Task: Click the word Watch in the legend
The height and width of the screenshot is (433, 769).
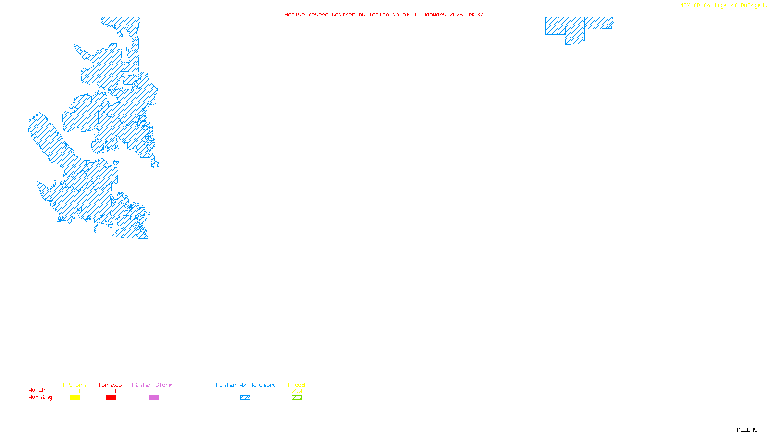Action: coord(37,390)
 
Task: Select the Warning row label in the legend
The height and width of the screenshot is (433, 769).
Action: coord(40,397)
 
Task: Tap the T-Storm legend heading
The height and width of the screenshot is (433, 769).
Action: coord(74,385)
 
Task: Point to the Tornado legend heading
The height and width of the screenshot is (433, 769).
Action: coord(110,385)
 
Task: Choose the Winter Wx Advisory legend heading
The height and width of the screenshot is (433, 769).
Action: coord(246,385)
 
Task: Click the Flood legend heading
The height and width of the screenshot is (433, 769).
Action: coord(297,385)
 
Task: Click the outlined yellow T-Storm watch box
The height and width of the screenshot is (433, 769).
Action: coord(74,391)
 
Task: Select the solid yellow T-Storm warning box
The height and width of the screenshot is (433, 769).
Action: coord(74,398)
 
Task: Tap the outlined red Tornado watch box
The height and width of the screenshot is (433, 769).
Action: coord(111,391)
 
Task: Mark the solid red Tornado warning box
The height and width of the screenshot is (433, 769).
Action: coord(111,398)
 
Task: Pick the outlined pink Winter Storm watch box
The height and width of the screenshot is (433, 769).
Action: coord(154,391)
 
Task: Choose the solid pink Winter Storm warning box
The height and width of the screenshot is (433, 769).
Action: coord(154,398)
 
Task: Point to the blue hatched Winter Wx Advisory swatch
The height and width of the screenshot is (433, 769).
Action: coord(245,398)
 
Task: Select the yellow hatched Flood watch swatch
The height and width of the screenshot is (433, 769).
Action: coord(297,391)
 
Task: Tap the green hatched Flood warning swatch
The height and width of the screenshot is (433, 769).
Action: coord(297,398)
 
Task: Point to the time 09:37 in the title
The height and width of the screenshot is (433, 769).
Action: coord(475,14)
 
